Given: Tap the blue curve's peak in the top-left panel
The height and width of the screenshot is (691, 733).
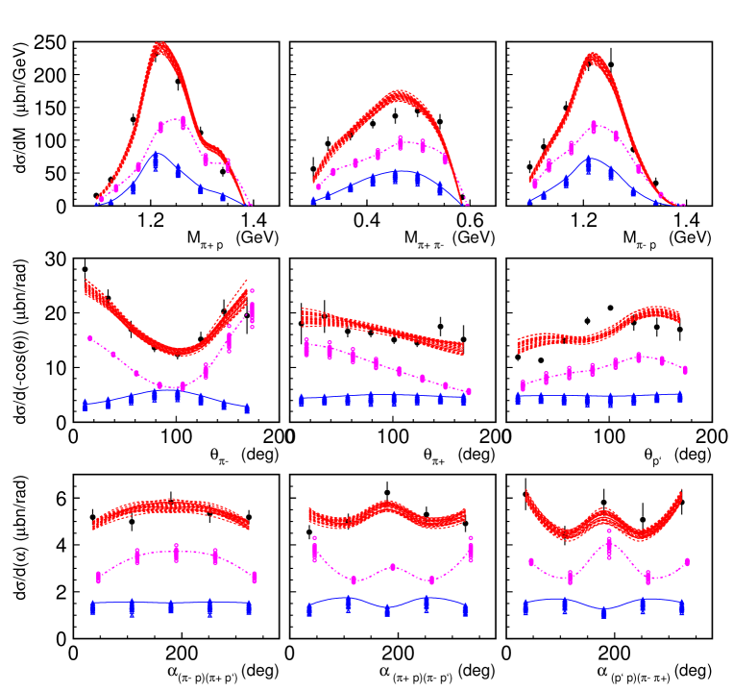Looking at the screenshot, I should click(156, 153).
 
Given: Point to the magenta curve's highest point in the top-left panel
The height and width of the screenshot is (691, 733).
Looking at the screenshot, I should click(182, 118).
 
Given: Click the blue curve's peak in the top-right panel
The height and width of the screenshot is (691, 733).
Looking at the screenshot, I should click(590, 158).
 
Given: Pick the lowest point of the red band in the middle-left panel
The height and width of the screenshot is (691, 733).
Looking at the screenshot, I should click(179, 351).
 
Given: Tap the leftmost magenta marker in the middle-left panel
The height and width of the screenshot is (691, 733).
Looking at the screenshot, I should click(90, 338).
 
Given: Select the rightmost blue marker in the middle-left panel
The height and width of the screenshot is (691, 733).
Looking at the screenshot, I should click(247, 408).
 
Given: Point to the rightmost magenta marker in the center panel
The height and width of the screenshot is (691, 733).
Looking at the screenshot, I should click(469, 391).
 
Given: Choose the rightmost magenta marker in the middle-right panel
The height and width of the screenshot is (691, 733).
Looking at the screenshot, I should click(685, 369).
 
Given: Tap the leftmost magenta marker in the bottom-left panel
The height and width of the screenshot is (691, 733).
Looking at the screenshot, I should click(98, 577).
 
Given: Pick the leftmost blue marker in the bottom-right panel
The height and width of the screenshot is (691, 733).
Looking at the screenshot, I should click(525, 607).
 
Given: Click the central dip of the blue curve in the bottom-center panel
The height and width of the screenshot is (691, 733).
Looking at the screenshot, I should click(387, 609).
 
